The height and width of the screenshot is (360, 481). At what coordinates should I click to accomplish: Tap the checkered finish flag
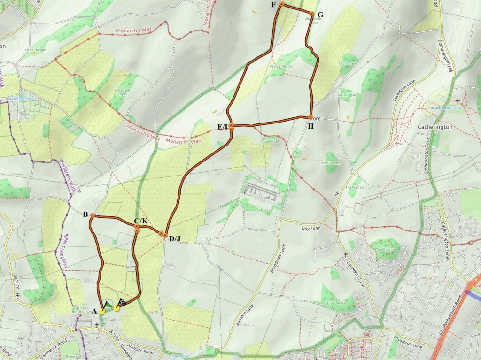(x=121, y=303)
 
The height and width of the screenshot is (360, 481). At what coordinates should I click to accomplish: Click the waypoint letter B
(x=85, y=215)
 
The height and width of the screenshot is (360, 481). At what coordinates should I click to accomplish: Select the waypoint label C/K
(x=140, y=221)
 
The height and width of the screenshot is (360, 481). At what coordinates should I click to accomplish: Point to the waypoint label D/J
(x=175, y=239)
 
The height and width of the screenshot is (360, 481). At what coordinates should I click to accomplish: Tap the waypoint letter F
(x=273, y=5)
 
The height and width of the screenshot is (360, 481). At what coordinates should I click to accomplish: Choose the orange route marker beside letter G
(x=311, y=14)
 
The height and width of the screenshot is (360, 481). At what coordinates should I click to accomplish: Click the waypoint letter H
(x=310, y=126)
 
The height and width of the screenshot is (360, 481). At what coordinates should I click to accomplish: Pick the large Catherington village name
(x=435, y=127)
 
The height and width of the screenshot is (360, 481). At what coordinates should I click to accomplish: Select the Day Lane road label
(x=310, y=228)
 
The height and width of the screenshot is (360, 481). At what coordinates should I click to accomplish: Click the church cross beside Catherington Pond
(x=458, y=101)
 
